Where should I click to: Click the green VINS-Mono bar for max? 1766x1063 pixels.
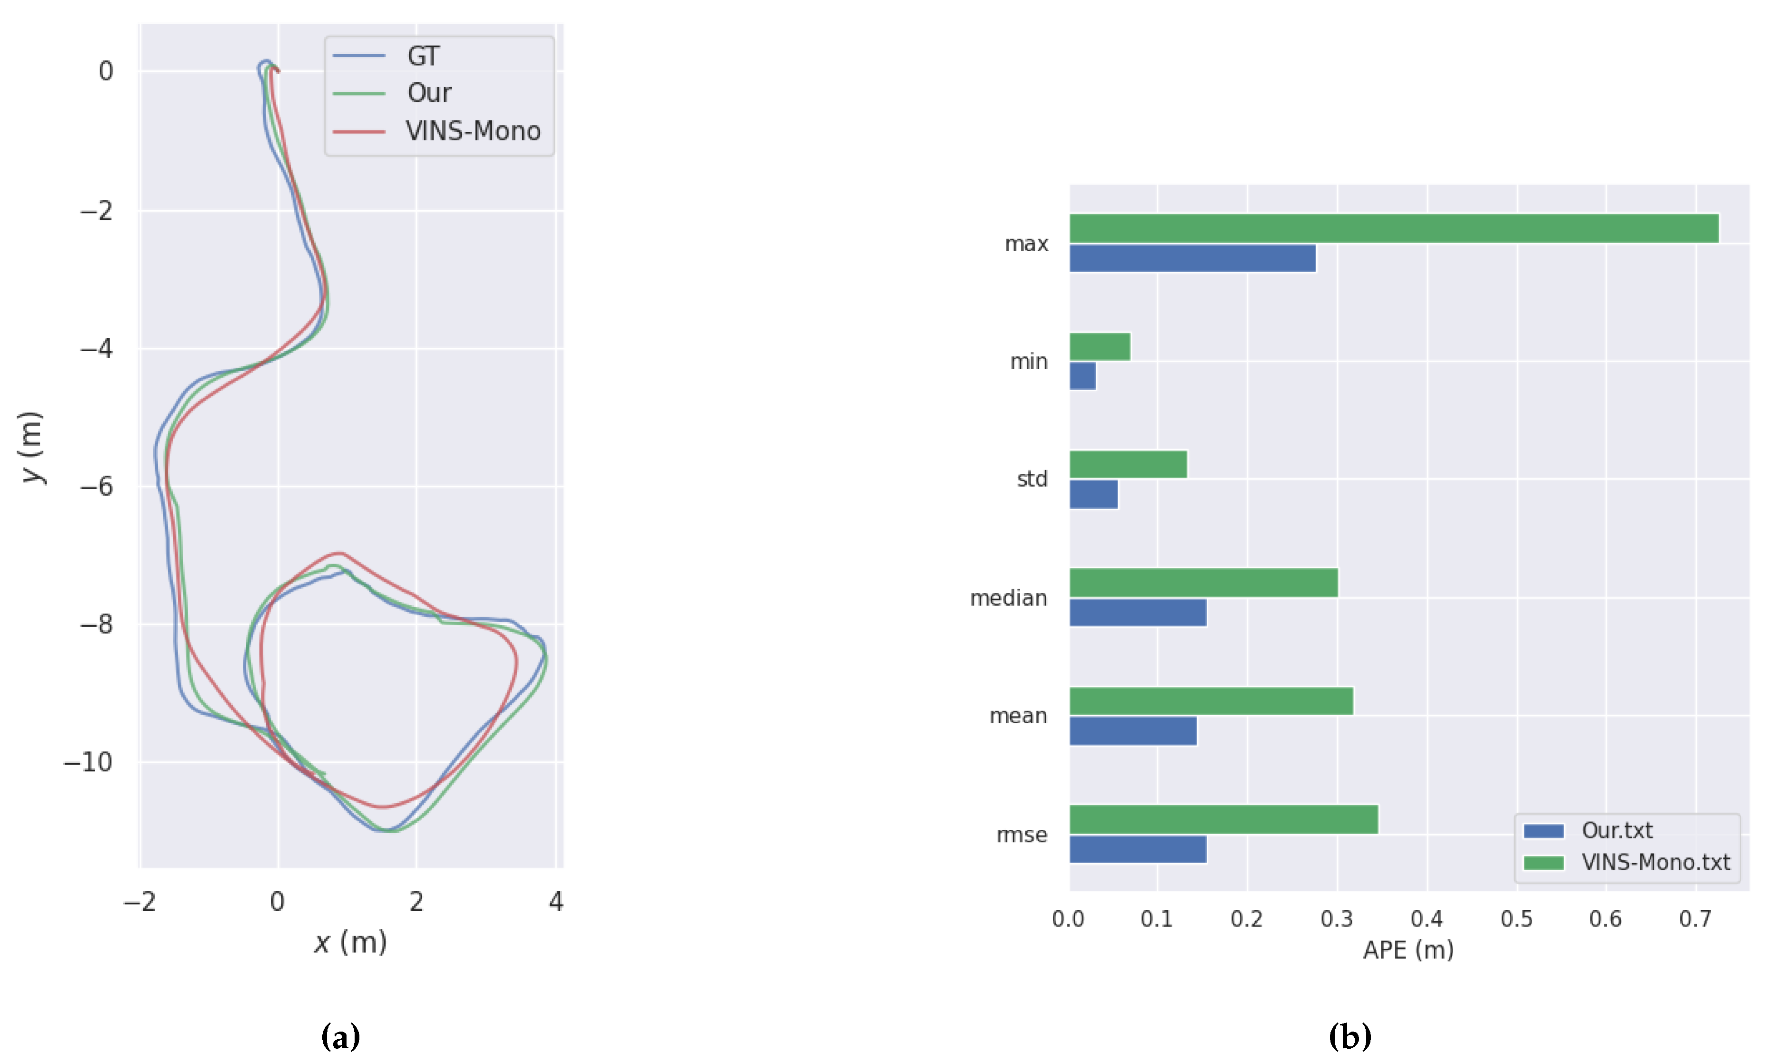[1393, 228]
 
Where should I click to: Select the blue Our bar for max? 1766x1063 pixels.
[1192, 258]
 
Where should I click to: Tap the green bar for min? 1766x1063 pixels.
[1100, 347]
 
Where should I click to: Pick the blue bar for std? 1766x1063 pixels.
[1093, 494]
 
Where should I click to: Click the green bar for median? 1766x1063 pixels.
[1204, 582]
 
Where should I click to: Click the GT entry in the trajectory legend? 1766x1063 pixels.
[423, 56]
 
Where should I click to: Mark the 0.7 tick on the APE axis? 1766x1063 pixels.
[1695, 918]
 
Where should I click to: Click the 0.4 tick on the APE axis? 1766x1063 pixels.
[1427, 918]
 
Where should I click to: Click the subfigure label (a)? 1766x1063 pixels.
[340, 1036]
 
